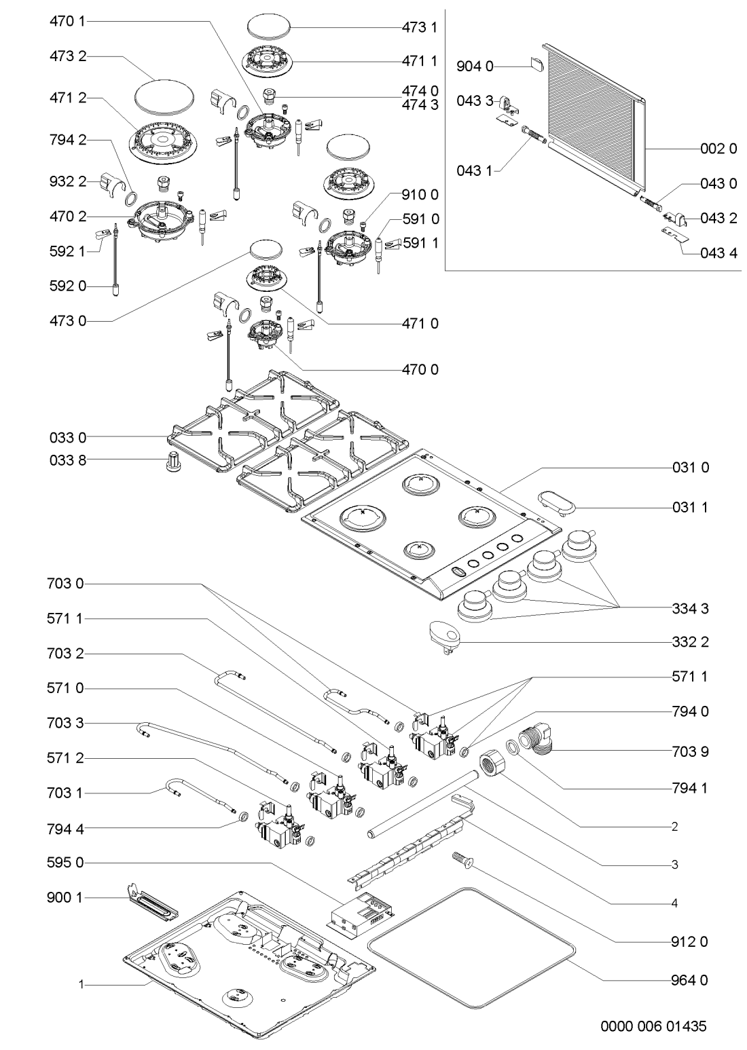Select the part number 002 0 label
(718, 149)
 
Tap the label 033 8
(68, 460)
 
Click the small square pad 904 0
(536, 64)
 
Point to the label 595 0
(68, 863)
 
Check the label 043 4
(718, 255)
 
